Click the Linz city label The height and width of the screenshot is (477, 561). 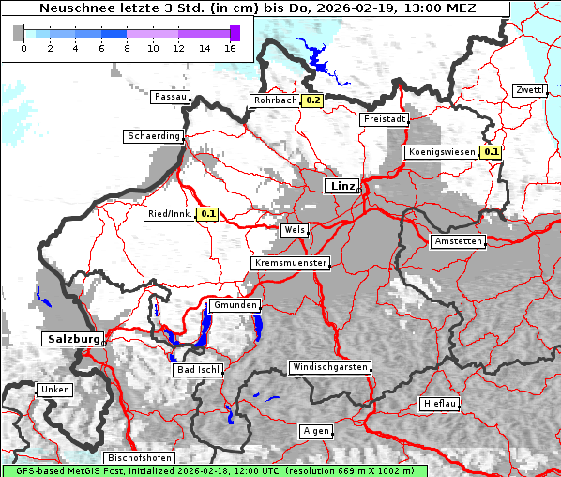click(x=342, y=186)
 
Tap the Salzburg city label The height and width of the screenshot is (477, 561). click(x=71, y=338)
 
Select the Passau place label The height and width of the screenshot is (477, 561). click(x=170, y=97)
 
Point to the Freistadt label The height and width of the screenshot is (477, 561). click(x=385, y=119)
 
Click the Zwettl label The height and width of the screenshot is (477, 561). click(x=528, y=90)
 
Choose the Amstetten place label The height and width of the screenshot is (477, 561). click(x=458, y=241)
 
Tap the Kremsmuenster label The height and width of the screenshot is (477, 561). click(x=291, y=263)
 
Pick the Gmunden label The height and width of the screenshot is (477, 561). click(x=234, y=305)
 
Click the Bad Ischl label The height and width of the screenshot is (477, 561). click(x=198, y=370)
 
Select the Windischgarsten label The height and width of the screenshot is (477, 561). click(x=329, y=366)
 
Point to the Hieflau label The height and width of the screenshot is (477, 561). click(x=439, y=404)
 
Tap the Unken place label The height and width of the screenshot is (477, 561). click(x=53, y=389)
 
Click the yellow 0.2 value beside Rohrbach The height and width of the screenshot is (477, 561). click(x=313, y=100)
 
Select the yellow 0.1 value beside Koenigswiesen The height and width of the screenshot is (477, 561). click(x=492, y=152)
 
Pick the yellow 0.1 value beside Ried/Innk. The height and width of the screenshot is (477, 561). click(x=207, y=214)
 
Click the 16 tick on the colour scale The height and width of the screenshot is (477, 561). click(x=230, y=48)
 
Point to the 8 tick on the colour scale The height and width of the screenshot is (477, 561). click(x=127, y=48)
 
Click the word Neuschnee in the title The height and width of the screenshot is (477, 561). click(x=73, y=8)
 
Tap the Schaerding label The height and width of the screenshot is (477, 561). click(x=154, y=136)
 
